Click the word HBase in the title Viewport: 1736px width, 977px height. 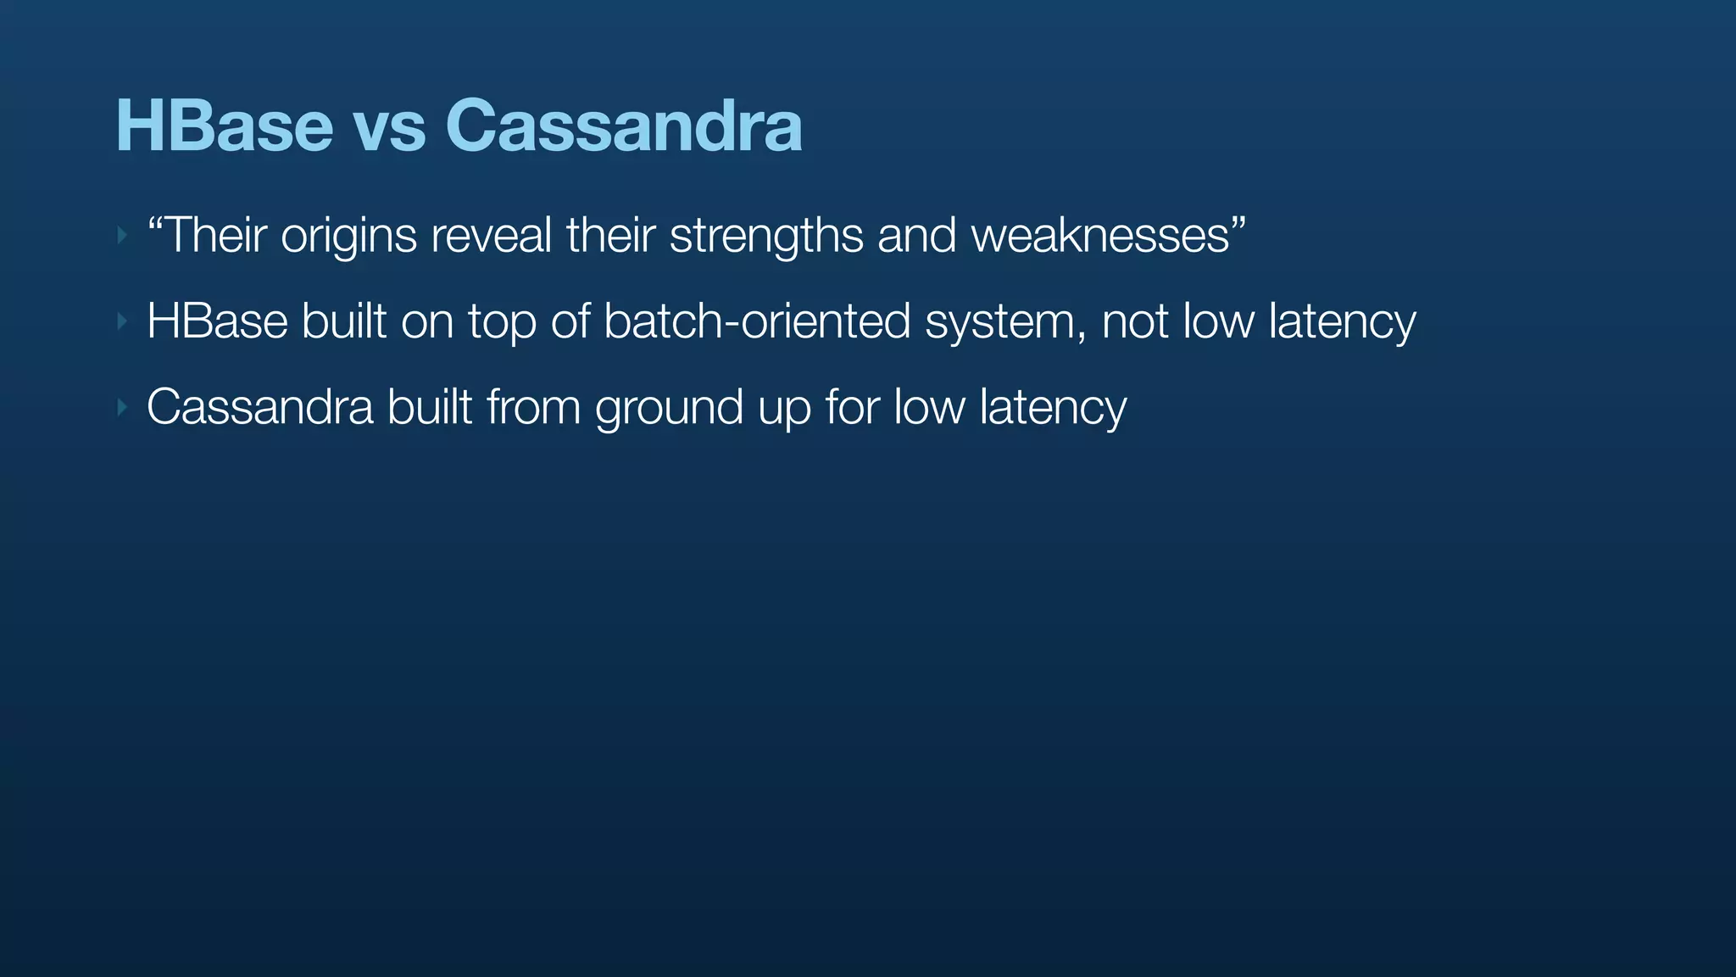coord(224,126)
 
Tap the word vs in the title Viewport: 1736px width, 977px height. coord(389,126)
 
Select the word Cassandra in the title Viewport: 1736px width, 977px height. coord(623,126)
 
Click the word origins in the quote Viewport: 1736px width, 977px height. coord(348,236)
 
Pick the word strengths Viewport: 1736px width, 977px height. coord(766,236)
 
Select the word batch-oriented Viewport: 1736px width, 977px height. coord(757,321)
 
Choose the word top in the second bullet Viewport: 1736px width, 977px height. coord(502,323)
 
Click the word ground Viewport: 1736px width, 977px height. coord(669,409)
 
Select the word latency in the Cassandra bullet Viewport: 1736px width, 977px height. coord(1053,409)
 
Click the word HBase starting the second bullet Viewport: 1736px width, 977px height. coord(217,321)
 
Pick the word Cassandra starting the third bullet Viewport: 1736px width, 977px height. coord(259,407)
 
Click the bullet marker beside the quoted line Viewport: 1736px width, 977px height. coord(122,235)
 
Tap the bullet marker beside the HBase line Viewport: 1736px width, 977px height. coord(122,321)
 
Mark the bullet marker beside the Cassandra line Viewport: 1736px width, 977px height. coord(122,408)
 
